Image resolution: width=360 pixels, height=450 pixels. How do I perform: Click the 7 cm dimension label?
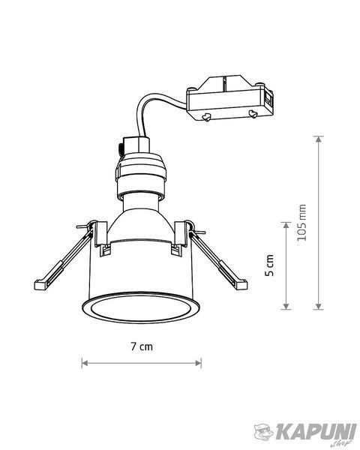coord(142,346)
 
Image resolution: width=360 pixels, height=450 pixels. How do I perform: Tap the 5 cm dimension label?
coord(269,265)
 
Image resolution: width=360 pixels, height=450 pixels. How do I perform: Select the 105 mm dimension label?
coord(301,223)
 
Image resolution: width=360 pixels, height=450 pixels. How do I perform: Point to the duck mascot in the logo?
coord(264,431)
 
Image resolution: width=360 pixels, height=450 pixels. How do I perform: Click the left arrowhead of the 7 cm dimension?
coord(85,363)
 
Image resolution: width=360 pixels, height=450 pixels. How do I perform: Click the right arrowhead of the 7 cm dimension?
coord(198,363)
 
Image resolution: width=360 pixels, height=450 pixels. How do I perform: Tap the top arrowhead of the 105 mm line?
coord(318,139)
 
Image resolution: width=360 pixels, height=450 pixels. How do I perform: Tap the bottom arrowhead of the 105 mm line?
coord(318,306)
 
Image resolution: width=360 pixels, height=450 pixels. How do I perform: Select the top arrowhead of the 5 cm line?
coord(286,225)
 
